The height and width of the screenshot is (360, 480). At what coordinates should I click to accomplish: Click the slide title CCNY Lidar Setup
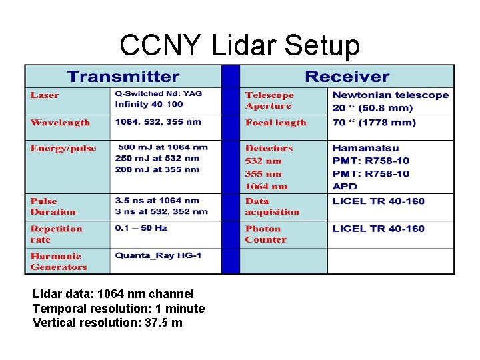pos(239,45)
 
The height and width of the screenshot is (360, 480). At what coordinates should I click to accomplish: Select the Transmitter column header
pos(123,77)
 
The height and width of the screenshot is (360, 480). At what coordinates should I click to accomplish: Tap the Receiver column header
pos(347,77)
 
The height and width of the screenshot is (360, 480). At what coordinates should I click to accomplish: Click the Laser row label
pos(45,95)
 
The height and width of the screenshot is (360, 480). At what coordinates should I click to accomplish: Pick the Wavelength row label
pos(60,123)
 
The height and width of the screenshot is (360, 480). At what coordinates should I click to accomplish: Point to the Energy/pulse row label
pos(63,149)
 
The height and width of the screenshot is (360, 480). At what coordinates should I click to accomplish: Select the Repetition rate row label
pos(57,234)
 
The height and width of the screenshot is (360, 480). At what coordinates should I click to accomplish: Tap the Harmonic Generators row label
pos(59,261)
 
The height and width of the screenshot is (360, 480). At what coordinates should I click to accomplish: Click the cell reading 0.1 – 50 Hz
pos(141,228)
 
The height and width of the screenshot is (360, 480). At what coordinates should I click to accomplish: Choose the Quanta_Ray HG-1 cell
pos(158,256)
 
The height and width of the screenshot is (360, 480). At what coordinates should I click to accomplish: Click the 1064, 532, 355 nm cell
pos(159,122)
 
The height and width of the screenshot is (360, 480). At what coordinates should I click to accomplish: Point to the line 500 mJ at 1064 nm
pos(163,147)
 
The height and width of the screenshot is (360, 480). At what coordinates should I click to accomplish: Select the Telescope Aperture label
pos(269,101)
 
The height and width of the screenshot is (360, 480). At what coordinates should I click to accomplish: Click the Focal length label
pos(276,123)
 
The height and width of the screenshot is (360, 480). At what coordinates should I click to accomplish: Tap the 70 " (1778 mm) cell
pos(374,123)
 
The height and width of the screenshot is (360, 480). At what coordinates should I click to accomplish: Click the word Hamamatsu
pos(365,148)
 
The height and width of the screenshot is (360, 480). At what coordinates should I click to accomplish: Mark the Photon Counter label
pos(266,234)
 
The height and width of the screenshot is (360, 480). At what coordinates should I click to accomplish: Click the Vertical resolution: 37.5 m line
pos(107,323)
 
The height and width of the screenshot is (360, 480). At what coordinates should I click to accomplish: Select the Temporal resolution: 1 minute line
pos(119,309)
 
